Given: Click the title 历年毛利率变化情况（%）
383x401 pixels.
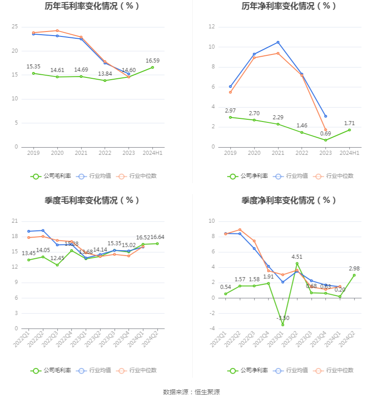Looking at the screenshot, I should point(92,6).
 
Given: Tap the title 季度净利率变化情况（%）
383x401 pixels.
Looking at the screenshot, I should point(289,201).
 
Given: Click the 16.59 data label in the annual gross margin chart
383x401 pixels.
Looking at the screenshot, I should point(152,61).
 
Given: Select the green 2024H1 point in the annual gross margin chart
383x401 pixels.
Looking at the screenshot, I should point(152,68).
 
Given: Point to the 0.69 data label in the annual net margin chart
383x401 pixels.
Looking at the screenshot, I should point(325,133).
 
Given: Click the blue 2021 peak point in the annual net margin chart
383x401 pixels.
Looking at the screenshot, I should point(278,42).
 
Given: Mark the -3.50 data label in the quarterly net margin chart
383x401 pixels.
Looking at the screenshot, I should point(283,318).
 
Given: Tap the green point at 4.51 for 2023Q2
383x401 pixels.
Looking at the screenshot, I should point(297,263).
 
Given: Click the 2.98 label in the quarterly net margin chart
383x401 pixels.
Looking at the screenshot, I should point(354,269).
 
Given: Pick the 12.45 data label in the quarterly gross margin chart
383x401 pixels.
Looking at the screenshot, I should point(57,258).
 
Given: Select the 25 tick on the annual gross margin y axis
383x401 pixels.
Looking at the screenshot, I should point(15,27).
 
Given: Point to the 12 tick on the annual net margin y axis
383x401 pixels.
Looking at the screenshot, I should point(211,27).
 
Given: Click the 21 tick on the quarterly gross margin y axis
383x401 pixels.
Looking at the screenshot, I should point(15,221).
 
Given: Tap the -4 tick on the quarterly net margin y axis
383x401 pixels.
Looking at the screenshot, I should point(211,329).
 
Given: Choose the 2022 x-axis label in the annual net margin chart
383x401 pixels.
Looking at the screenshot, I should point(302,153).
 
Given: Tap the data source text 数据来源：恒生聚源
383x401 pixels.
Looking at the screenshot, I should point(191,392).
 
